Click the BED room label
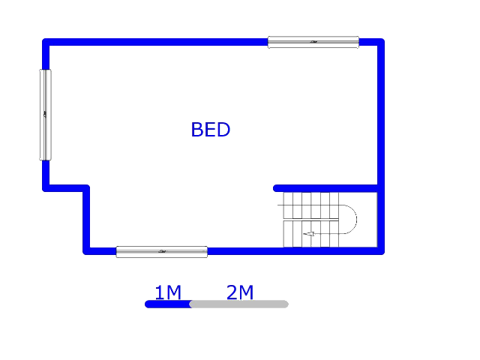211,130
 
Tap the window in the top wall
313,42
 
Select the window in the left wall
45,115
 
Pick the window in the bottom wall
162,252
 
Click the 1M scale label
168,292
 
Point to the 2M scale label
240,292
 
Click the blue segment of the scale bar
168,304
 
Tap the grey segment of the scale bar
239,304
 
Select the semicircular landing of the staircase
356,219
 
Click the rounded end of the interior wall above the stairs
276,188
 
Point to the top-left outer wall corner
46,42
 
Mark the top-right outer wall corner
381,42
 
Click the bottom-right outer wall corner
381,251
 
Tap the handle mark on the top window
313,42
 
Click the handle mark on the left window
45,115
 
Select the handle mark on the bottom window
162,252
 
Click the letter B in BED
196,130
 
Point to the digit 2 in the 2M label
232,292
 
